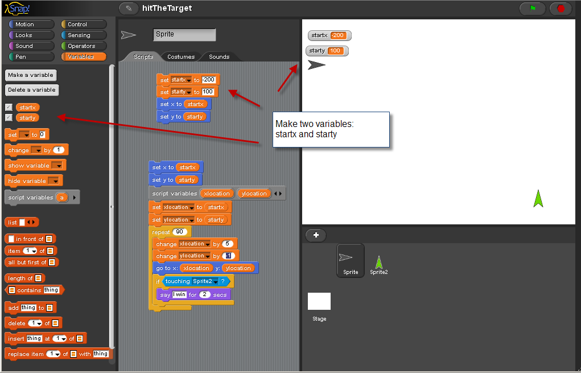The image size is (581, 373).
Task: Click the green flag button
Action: pyautogui.click(x=533, y=8)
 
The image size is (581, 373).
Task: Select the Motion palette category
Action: pyautogui.click(x=31, y=24)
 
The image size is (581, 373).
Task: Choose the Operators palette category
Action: pyautogui.click(x=84, y=46)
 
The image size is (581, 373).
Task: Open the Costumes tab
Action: pyautogui.click(x=181, y=57)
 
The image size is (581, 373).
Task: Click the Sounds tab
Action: pyautogui.click(x=219, y=57)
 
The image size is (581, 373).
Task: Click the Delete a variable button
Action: pyautogui.click(x=32, y=90)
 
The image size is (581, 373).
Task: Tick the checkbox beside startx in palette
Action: pyautogui.click(x=9, y=107)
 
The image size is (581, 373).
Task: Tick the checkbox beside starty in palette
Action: pyautogui.click(x=9, y=117)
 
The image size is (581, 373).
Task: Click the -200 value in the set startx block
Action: pyautogui.click(x=208, y=80)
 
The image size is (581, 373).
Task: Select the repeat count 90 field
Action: pyautogui.click(x=180, y=232)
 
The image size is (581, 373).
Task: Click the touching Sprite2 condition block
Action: pyautogui.click(x=196, y=281)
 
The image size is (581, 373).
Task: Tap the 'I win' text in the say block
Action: pyautogui.click(x=179, y=294)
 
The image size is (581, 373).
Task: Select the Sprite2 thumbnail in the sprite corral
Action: pyautogui.click(x=378, y=265)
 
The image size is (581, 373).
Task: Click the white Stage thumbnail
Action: pyautogui.click(x=319, y=301)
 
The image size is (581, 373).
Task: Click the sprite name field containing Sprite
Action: pyautogui.click(x=184, y=35)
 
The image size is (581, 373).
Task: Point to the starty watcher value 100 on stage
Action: pyautogui.click(x=335, y=51)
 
